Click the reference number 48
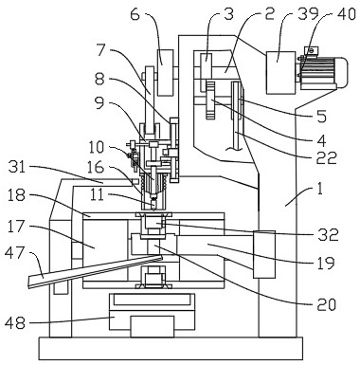(x=15, y=323)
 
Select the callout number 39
(x=308, y=14)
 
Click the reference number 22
(x=327, y=157)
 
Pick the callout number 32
(x=329, y=235)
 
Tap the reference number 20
(x=326, y=304)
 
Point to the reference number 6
(x=135, y=15)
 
